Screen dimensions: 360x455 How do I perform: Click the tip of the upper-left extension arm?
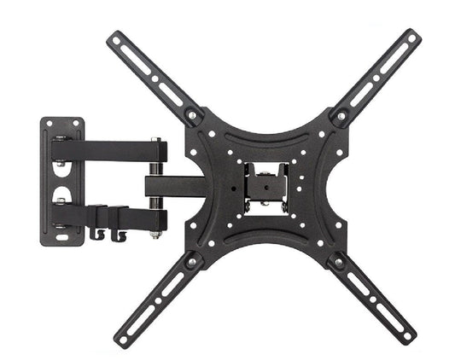pyautogui.click(x=114, y=38)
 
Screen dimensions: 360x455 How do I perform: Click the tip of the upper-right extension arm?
pyautogui.click(x=415, y=37)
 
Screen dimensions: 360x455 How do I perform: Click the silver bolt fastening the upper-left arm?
pyautogui.click(x=191, y=114)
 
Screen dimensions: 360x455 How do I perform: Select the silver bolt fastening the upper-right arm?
pyautogui.click(x=341, y=113)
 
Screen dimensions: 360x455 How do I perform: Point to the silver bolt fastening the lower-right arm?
pyautogui.click(x=339, y=260)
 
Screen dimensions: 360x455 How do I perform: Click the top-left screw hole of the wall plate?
pyautogui.click(x=49, y=123)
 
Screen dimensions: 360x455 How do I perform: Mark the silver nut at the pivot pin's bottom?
pyautogui.click(x=155, y=233)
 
